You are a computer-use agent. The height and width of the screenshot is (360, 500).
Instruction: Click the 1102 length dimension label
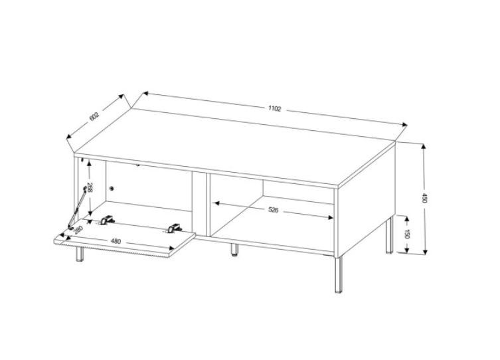(x=274, y=109)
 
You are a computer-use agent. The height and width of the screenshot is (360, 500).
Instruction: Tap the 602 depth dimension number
(x=95, y=116)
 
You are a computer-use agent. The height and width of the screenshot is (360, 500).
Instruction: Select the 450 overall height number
(x=424, y=198)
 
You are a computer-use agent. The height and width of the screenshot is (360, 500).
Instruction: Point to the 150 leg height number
(x=407, y=234)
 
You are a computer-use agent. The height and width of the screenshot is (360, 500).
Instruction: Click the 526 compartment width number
(x=274, y=210)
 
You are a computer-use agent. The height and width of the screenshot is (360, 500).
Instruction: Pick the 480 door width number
(x=116, y=241)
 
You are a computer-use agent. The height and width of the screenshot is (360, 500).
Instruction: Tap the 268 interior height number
(x=90, y=187)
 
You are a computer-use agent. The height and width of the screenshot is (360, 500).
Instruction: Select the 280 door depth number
(x=78, y=230)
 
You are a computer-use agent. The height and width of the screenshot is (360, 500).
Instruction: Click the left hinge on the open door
(x=106, y=220)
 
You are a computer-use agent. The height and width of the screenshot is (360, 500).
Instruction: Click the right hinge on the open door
(x=174, y=228)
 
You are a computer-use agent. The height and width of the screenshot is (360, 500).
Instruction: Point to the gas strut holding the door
(x=77, y=208)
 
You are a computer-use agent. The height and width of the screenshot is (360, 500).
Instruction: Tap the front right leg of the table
(x=339, y=274)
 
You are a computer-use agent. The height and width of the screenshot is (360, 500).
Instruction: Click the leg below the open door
(x=80, y=254)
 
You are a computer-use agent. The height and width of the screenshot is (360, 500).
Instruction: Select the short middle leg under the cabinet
(x=234, y=250)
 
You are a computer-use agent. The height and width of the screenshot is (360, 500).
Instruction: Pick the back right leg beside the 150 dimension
(x=388, y=235)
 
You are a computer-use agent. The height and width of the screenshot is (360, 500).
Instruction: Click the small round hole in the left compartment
(x=112, y=189)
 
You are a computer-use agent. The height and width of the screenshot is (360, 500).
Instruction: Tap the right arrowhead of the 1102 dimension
(x=405, y=125)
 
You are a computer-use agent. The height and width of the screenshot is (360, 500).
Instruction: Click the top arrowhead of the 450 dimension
(x=424, y=147)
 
